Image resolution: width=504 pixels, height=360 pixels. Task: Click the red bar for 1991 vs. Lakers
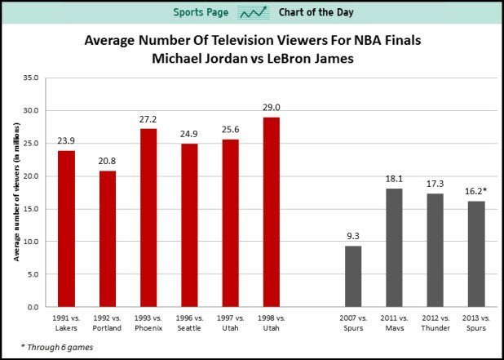point(67,229)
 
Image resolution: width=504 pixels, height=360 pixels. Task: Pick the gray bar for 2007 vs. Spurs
point(353,276)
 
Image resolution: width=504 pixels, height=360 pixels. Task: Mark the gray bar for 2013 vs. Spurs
point(475,254)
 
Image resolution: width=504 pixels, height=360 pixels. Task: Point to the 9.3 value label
point(353,237)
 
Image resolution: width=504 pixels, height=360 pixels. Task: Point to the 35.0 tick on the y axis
point(30,78)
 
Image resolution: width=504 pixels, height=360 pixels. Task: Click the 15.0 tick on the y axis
point(30,209)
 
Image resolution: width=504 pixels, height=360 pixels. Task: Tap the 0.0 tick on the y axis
point(33,307)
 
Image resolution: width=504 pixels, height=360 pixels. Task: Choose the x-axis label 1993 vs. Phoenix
point(149,321)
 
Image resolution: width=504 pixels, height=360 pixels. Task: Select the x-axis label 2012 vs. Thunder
point(435,321)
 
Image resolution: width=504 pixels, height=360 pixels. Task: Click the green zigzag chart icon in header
point(253,13)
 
